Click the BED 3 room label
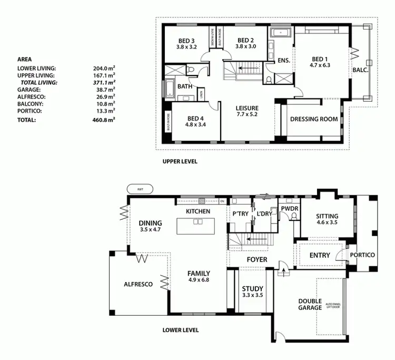coord(186,41)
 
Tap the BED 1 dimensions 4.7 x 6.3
coord(320,66)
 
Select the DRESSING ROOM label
coord(314,119)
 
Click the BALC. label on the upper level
coord(360,69)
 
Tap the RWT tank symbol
coord(140,189)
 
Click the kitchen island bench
coord(197,226)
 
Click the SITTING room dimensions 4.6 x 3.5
coord(327,223)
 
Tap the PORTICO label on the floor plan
coord(362,255)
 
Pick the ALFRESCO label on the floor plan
coord(138,284)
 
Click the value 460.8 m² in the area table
coord(105,120)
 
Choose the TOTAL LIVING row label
coord(38,83)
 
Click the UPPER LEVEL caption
coord(180,161)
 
